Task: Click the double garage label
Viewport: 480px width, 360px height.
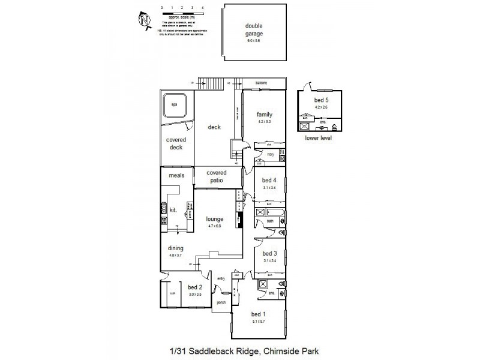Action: [x=254, y=30]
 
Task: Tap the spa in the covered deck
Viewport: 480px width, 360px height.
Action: [x=175, y=105]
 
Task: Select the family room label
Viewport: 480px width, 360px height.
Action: [x=265, y=115]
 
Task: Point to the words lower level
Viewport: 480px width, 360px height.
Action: [x=319, y=137]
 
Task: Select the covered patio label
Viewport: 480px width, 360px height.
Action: [x=217, y=176]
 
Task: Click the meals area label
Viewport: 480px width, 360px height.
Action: [x=176, y=175]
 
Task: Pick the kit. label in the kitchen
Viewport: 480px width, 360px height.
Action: [x=172, y=210]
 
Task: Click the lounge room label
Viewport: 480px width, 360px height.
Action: [x=215, y=219]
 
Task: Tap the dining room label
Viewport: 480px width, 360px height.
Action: [x=175, y=248]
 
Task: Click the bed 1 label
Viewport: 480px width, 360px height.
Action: [x=258, y=314]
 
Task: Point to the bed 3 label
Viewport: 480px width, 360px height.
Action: [x=269, y=253]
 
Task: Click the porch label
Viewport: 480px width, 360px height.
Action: [x=220, y=302]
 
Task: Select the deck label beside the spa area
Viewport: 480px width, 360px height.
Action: [x=214, y=127]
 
